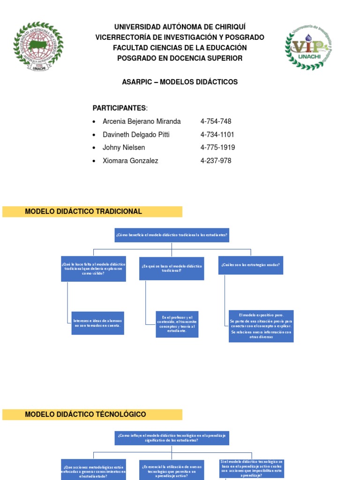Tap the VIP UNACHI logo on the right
[308, 46]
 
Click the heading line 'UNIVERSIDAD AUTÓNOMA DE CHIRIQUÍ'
[180, 27]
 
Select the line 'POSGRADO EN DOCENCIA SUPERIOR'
[180, 58]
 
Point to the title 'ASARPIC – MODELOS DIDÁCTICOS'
[180, 82]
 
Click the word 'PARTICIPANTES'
[120, 108]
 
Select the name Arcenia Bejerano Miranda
[142, 121]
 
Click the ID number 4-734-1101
[217, 135]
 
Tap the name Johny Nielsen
[124, 148]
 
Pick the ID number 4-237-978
[216, 161]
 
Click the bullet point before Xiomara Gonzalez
[94, 161]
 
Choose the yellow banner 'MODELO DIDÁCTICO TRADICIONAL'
[92, 211]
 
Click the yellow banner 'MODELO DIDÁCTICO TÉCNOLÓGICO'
[92, 414]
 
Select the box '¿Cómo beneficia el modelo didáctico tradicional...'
[172, 235]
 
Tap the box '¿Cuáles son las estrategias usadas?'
[251, 265]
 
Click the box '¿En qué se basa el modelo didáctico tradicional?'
[172, 268]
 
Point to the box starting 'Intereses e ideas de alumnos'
[97, 323]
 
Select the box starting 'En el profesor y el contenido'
[177, 324]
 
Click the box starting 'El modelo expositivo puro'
[261, 326]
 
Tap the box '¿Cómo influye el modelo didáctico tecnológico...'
[172, 438]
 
